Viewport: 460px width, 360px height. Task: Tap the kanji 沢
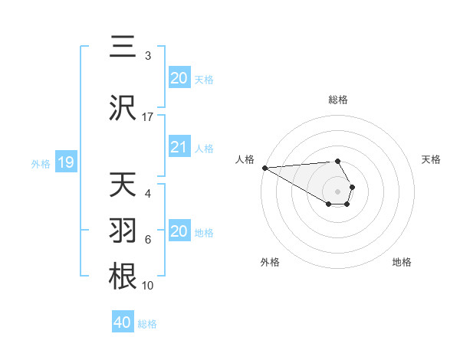point(123,108)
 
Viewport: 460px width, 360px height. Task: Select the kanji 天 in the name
point(123,185)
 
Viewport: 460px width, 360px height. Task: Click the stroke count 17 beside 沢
point(148,117)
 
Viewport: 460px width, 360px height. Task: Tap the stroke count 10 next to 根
point(148,286)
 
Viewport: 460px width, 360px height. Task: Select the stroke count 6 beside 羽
point(148,240)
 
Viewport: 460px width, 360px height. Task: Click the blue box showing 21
point(179,148)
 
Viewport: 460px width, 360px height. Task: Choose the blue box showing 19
point(65,162)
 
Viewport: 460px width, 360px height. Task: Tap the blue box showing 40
point(122,322)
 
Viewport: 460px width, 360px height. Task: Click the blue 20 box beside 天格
point(179,78)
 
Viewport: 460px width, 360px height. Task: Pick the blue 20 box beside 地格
point(179,231)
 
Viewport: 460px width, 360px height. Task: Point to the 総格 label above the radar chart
point(338,100)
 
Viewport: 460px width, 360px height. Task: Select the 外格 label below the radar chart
point(270,262)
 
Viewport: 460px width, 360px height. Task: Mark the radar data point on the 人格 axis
point(264,168)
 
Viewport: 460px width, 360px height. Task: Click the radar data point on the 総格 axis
point(337,161)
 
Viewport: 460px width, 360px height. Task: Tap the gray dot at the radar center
point(337,191)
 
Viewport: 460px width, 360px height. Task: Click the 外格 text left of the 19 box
point(40,163)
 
